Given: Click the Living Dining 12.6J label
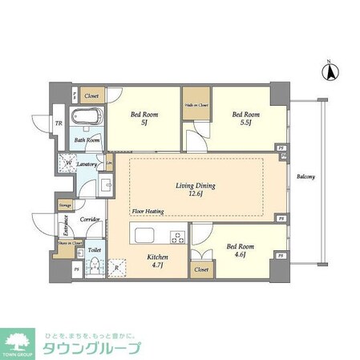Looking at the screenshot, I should pyautogui.click(x=196, y=189).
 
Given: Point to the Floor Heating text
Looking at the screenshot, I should pyautogui.click(x=148, y=212).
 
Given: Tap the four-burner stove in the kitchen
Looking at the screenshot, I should pyautogui.click(x=178, y=237).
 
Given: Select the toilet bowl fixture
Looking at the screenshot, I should pyautogui.click(x=94, y=266).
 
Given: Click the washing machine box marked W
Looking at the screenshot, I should pyautogui.click(x=65, y=165).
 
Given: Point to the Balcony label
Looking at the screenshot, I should pyautogui.click(x=305, y=176).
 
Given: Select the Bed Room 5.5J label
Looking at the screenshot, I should pyautogui.click(x=241, y=118).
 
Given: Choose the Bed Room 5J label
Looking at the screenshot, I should pyautogui.click(x=144, y=118).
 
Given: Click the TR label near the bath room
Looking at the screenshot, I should pyautogui.click(x=59, y=123).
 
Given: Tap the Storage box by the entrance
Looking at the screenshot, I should pyautogui.click(x=64, y=205).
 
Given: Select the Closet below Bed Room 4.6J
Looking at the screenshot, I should pyautogui.click(x=201, y=270).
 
